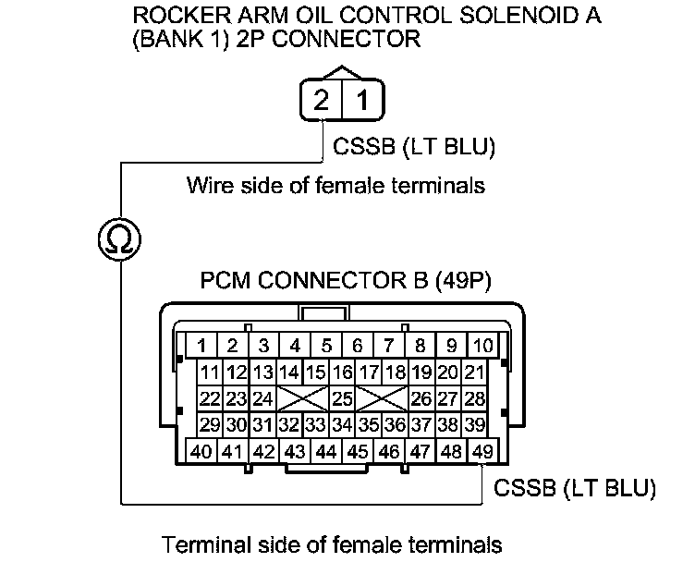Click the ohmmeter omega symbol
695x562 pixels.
click(120, 240)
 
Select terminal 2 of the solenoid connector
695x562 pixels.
click(321, 99)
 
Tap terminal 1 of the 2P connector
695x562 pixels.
click(363, 99)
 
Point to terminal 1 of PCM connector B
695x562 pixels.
click(201, 347)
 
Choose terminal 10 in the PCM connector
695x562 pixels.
click(482, 347)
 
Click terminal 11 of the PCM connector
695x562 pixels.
click(210, 373)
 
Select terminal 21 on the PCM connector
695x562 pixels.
click(474, 373)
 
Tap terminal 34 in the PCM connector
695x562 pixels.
click(343, 425)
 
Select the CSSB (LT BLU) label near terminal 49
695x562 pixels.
click(575, 486)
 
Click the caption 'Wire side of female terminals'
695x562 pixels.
click(335, 185)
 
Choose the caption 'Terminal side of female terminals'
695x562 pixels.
click(332, 544)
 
